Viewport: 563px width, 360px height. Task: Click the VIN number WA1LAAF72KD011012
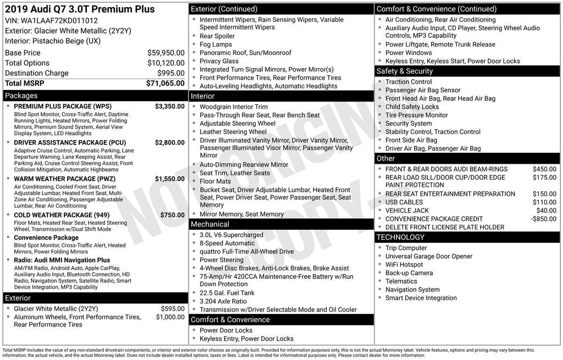coord(63,20)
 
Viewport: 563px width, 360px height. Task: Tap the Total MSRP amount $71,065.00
coord(165,83)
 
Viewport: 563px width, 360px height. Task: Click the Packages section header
coord(21,96)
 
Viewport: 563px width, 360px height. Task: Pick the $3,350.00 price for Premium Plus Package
coord(169,106)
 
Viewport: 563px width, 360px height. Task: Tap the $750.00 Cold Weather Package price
coord(172,215)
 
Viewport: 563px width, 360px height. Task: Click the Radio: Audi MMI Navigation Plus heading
coord(62,260)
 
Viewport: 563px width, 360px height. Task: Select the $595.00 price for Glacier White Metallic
coord(173,309)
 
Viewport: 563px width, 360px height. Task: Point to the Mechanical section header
coord(209,224)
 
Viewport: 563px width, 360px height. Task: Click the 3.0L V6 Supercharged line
coord(231,235)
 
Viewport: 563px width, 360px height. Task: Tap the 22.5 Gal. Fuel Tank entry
coord(227,293)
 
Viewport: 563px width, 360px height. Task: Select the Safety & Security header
coord(404,71)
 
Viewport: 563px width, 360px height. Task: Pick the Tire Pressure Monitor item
coord(416,115)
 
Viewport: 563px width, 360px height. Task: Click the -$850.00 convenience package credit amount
coord(544,219)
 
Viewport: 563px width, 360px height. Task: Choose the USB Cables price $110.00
coord(544,202)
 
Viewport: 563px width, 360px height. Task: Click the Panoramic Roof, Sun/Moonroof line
coord(245,53)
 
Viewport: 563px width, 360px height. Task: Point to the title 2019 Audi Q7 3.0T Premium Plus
coord(80,9)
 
